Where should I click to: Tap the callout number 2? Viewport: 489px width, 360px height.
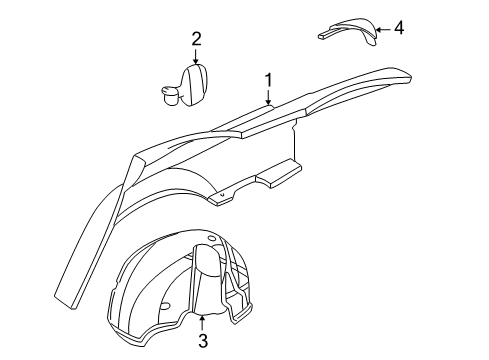click(197, 39)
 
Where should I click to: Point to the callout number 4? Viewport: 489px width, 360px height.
click(398, 28)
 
